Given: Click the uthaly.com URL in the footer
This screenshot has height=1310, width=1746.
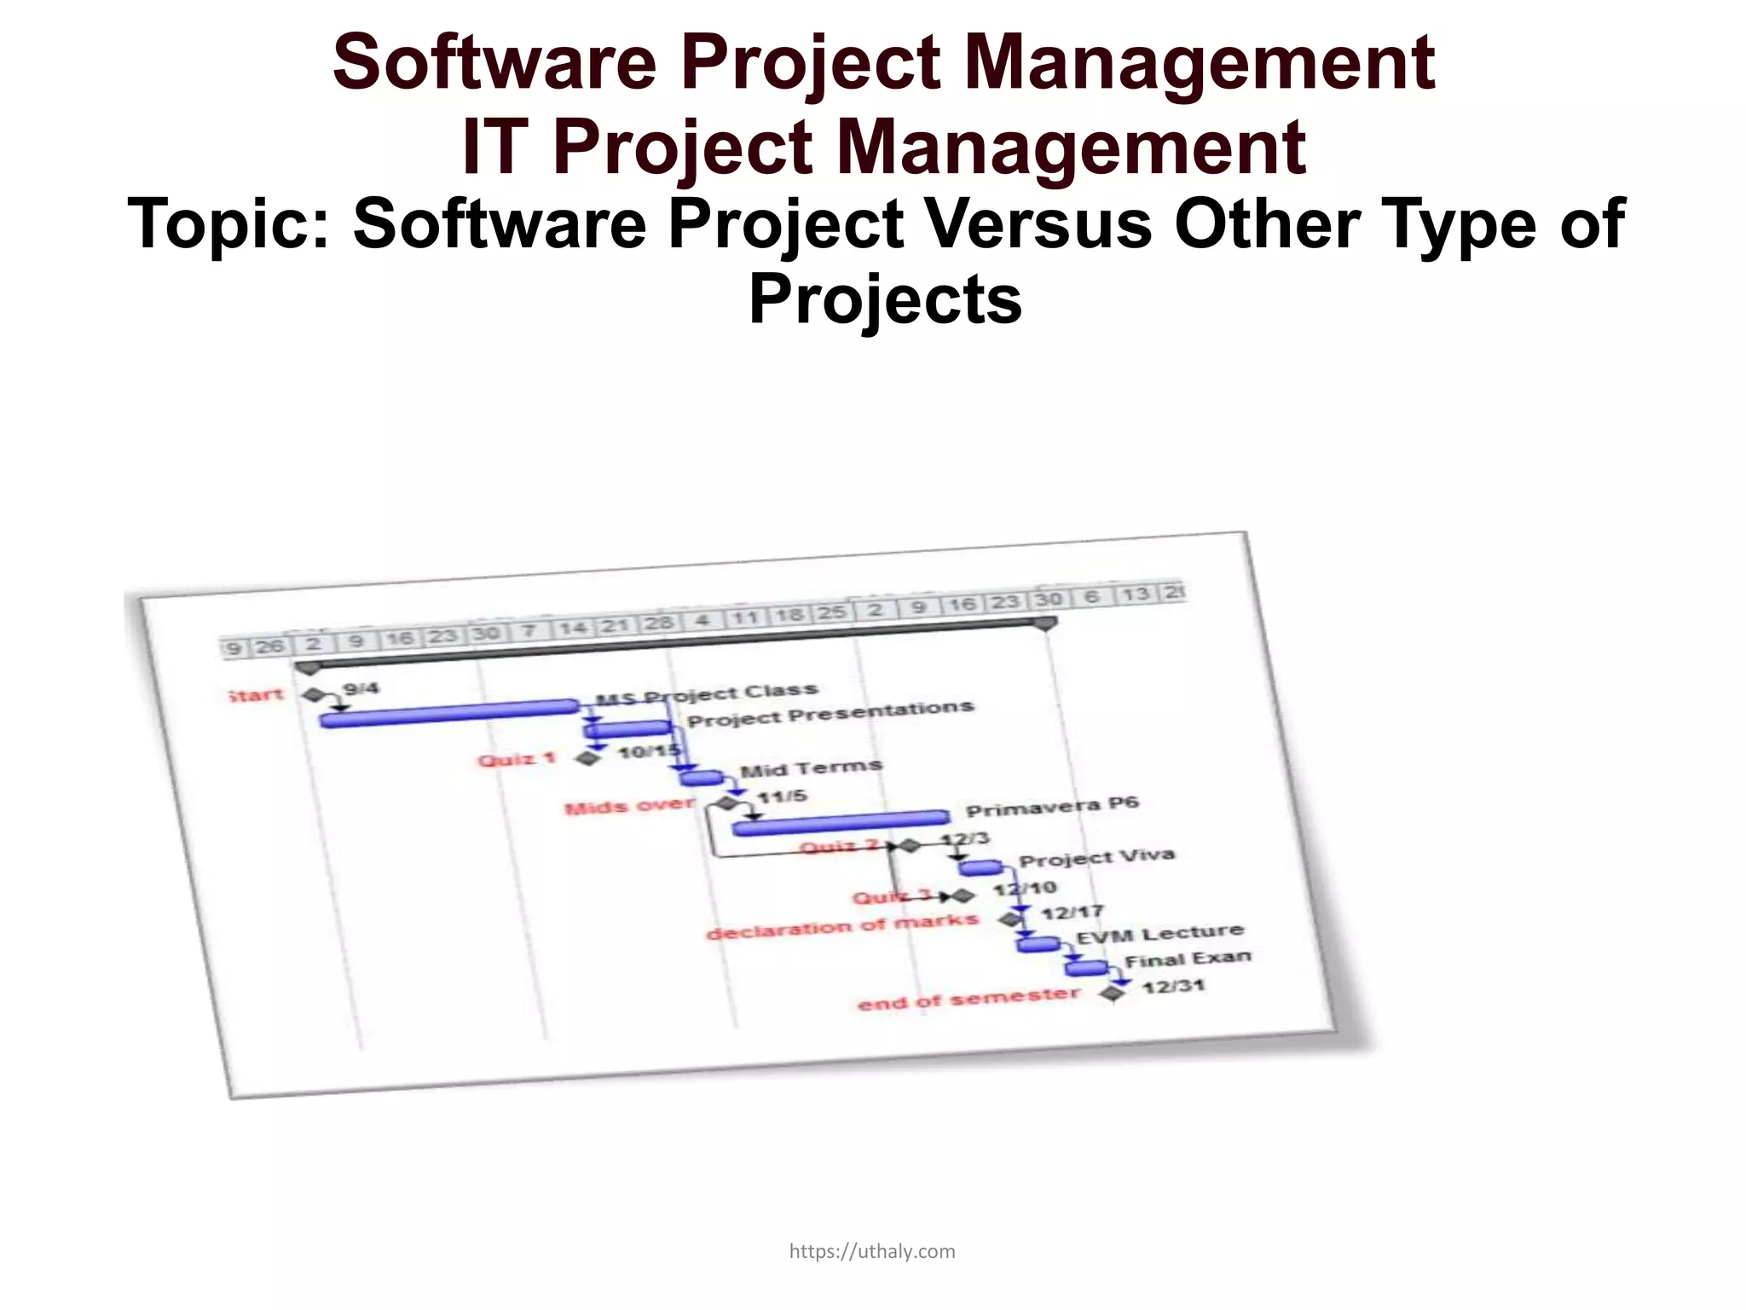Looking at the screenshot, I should [872, 1251].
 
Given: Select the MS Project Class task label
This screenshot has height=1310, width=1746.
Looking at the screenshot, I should [707, 694].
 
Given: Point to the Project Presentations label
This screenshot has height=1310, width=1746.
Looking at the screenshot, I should [830, 714].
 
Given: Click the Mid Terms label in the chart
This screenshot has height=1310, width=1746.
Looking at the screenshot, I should [811, 768].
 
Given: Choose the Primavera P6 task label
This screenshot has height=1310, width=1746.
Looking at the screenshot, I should [1052, 807].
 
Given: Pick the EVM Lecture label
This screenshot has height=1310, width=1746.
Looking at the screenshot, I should [1159, 935].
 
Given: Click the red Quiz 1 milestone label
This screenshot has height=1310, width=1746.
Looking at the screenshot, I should [517, 758].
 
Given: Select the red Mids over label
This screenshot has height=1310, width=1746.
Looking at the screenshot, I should [629, 806].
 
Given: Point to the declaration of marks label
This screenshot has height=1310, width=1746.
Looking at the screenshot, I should [842, 926].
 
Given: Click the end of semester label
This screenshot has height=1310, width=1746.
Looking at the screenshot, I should [968, 998].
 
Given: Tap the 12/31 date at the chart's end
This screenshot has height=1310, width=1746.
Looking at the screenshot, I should [1174, 987].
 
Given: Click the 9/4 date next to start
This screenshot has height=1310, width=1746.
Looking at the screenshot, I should [361, 688].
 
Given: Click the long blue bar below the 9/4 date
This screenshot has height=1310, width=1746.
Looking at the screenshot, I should [449, 713].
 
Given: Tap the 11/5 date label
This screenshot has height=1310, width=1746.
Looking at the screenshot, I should [783, 797].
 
